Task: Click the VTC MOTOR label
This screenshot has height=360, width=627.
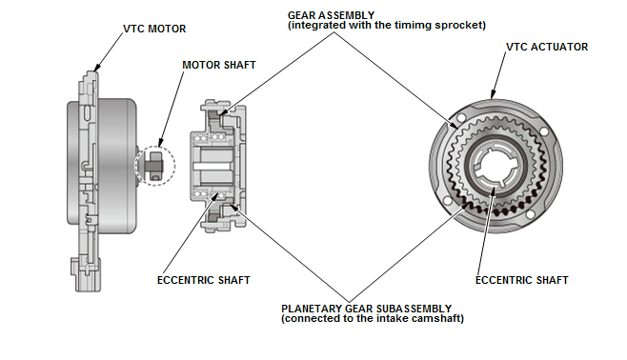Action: click(x=154, y=29)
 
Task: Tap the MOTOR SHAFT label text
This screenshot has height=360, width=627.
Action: click(x=219, y=65)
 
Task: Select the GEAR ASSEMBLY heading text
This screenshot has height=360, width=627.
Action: click(x=331, y=15)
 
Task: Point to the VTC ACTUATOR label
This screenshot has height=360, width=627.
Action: click(x=547, y=47)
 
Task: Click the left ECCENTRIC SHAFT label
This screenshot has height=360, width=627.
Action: click(x=204, y=280)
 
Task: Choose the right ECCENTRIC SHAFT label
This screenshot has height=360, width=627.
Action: click(x=522, y=280)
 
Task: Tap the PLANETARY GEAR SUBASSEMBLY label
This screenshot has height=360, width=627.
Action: click(x=366, y=309)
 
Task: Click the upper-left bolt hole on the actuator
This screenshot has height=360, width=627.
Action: click(x=461, y=118)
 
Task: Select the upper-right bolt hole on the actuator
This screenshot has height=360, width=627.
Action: click(x=544, y=131)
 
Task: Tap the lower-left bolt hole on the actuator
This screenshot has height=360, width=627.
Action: click(x=448, y=200)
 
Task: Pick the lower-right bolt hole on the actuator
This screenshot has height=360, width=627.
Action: click(x=531, y=215)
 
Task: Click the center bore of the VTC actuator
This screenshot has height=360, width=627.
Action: click(x=496, y=166)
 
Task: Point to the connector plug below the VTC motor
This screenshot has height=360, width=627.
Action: click(x=86, y=275)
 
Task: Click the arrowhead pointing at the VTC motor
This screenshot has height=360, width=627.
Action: click(x=97, y=68)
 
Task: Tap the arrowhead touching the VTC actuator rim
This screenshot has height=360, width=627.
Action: click(x=493, y=94)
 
